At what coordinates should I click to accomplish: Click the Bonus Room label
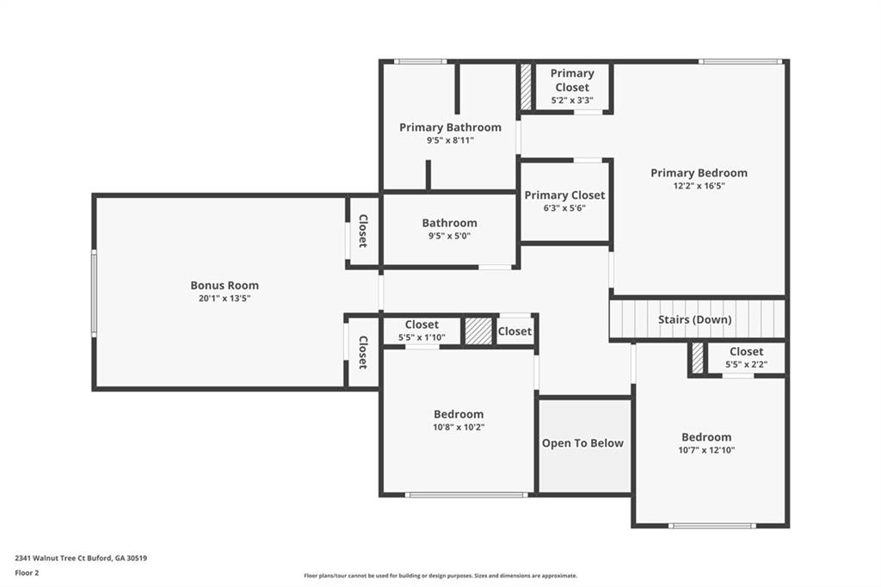click(x=225, y=285)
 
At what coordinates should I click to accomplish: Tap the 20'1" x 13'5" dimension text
click(x=225, y=299)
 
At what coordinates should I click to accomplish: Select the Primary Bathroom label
click(x=450, y=127)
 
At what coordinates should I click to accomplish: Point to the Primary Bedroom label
click(x=699, y=173)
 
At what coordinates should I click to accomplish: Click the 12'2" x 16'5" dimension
click(x=699, y=186)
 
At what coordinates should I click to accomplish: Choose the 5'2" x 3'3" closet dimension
click(x=572, y=101)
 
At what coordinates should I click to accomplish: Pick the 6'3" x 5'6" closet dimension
click(x=564, y=208)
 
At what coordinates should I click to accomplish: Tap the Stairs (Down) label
click(x=694, y=319)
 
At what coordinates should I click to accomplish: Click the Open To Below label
click(x=582, y=443)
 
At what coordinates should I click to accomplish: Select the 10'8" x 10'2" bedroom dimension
click(x=459, y=427)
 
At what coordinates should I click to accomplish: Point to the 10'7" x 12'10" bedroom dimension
click(x=706, y=450)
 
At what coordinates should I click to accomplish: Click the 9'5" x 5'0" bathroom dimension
click(x=449, y=236)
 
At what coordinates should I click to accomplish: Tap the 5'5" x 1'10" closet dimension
click(x=422, y=337)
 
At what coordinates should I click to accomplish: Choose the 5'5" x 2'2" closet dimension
click(x=746, y=364)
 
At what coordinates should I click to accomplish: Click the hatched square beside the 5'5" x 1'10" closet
click(x=478, y=331)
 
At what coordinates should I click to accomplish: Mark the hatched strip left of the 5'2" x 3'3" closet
click(x=526, y=87)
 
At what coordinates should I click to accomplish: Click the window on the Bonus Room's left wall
click(x=94, y=293)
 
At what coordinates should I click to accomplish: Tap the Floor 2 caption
click(x=27, y=573)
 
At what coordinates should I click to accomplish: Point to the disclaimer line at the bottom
click(x=440, y=576)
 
